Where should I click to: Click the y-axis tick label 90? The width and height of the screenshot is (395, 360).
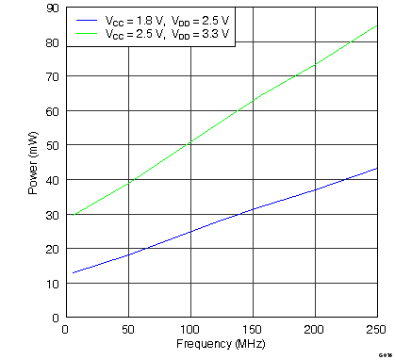tap(54, 9)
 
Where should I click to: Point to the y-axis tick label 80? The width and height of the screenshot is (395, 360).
tap(54, 43)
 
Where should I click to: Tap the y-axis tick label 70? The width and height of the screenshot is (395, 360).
tap(54, 77)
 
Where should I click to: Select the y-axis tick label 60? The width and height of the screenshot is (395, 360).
tap(54, 111)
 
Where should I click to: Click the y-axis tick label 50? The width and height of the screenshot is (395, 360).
tap(54, 146)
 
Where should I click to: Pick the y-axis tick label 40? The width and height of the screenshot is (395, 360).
tap(54, 180)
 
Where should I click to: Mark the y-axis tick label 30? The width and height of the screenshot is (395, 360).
tap(54, 214)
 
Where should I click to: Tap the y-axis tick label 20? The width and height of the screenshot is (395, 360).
tap(54, 249)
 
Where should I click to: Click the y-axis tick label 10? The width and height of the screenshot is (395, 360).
tap(54, 283)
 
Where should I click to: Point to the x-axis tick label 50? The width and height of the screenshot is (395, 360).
tap(127, 330)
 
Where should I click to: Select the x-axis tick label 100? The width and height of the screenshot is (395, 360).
tap(189, 330)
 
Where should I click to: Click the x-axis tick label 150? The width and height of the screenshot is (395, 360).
tap(252, 330)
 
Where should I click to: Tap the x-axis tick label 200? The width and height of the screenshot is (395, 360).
tap(314, 330)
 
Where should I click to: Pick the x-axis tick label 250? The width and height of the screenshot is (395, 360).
tap(374, 330)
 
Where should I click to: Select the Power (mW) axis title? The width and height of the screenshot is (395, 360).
tap(34, 163)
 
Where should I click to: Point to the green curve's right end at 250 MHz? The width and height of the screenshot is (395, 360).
tap(377, 25)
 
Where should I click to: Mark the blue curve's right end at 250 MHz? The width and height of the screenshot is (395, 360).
tap(377, 169)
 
